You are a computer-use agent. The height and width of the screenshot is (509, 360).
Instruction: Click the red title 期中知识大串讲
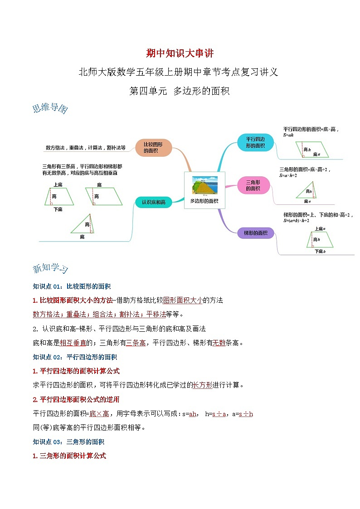[180, 53]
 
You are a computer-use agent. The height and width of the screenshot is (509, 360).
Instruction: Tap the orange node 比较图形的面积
[153, 147]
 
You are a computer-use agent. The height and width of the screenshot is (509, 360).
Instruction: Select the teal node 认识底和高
[153, 202]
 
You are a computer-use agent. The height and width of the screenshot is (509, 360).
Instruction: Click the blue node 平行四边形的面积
[255, 142]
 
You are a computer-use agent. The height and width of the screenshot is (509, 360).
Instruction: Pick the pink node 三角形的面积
[253, 185]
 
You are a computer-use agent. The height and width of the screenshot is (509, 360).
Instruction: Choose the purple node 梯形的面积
[256, 233]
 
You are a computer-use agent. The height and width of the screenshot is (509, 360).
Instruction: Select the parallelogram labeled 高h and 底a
[312, 149]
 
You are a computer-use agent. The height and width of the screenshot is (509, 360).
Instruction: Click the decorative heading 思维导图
[50, 109]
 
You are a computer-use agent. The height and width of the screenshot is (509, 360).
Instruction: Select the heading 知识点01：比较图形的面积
[72, 286]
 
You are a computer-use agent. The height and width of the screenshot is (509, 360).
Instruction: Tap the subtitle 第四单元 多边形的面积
[180, 91]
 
